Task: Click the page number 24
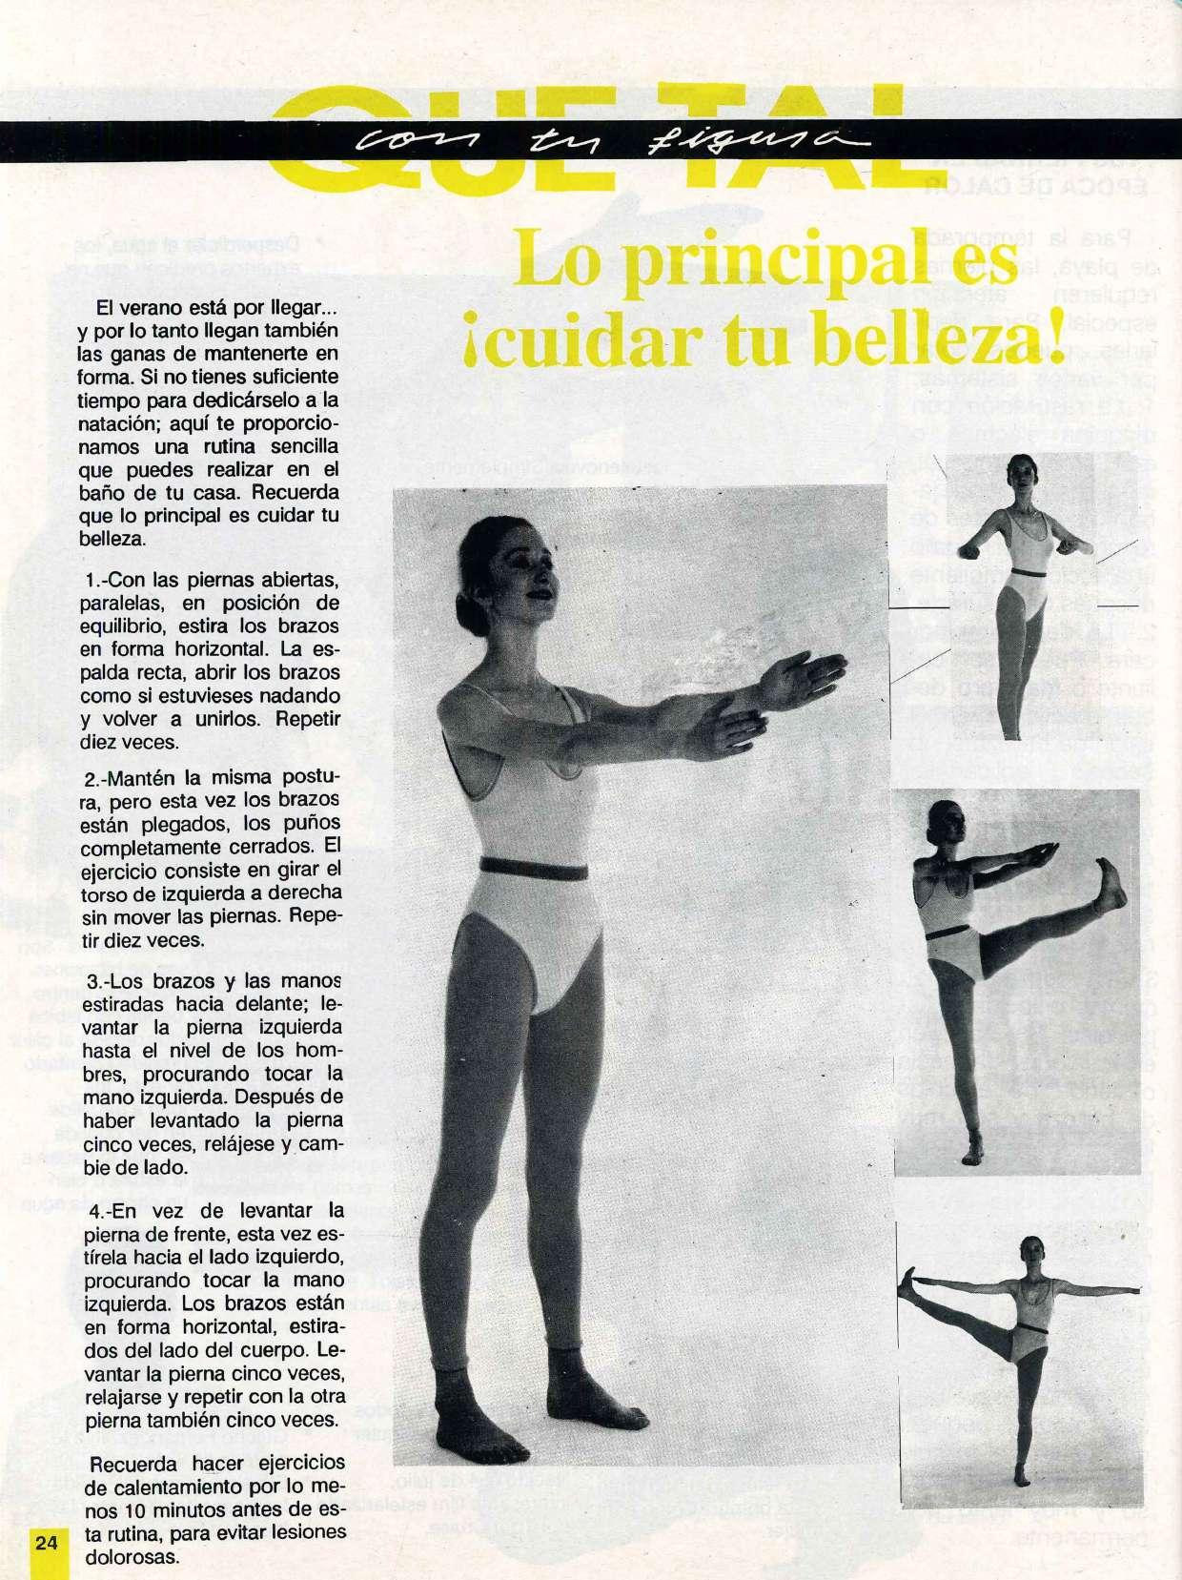46,1544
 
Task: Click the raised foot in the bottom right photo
912,1282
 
